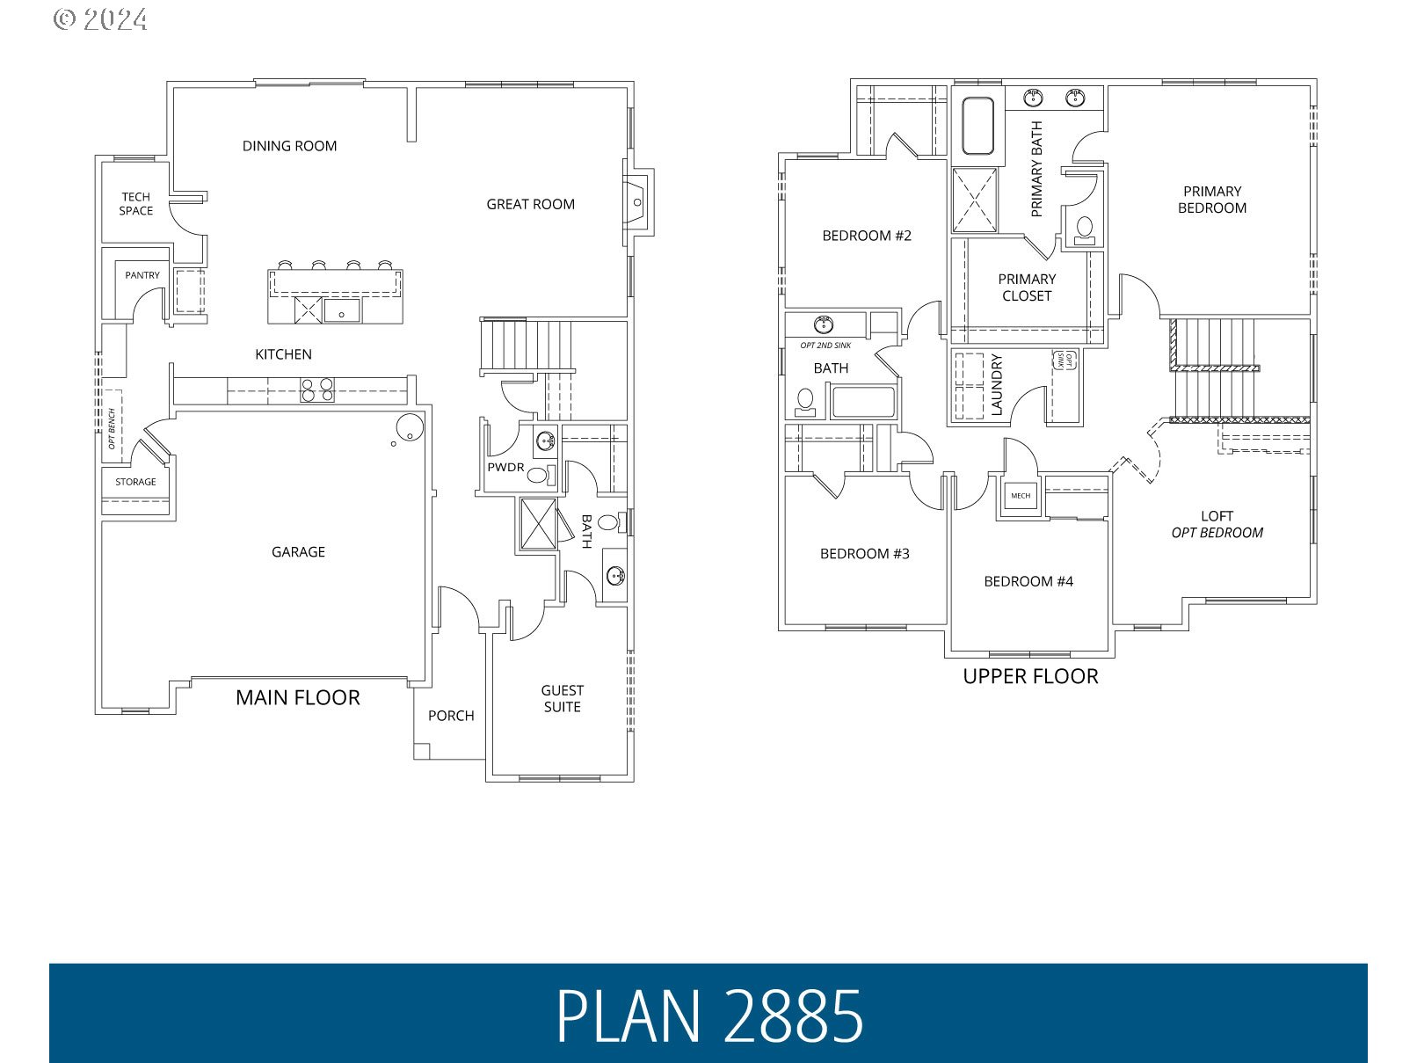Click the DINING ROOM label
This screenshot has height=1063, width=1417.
tap(289, 146)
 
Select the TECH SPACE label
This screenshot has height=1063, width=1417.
tap(136, 204)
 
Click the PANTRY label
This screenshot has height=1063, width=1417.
tap(142, 275)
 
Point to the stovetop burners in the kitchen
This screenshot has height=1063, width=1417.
tap(317, 390)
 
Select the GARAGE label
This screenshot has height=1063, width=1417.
tap(298, 552)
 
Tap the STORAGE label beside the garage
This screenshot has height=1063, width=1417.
tap(135, 482)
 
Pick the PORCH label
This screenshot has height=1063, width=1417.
tap(451, 716)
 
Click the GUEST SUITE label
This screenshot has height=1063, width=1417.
tap(562, 699)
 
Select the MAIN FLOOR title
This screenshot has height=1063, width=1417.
tap(298, 698)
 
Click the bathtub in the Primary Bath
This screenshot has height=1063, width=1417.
tap(977, 127)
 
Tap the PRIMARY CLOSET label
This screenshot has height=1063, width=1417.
tap(1027, 288)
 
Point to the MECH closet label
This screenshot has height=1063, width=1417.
tap(1021, 496)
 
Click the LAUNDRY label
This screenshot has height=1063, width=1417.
tap(996, 385)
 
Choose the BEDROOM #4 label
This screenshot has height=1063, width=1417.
tap(1028, 581)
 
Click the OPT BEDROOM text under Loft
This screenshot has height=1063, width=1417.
tap(1217, 533)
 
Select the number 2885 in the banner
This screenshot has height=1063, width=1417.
tap(794, 1016)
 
